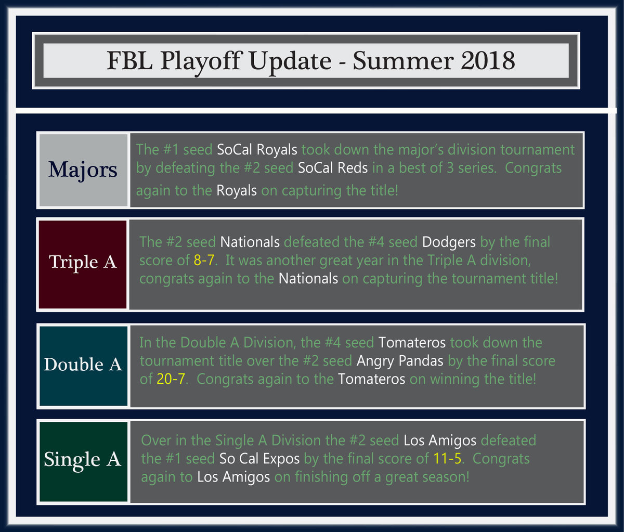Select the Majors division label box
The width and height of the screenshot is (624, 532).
[83, 170]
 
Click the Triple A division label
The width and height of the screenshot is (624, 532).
[83, 264]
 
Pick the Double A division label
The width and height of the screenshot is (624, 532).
[83, 366]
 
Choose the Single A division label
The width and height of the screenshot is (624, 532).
[83, 462]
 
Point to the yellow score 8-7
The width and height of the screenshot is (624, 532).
[204, 260]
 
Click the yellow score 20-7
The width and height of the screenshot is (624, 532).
[171, 379]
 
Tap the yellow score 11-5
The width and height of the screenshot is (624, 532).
[447, 459]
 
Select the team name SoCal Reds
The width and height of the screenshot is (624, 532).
[333, 168]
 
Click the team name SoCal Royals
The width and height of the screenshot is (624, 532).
[257, 150]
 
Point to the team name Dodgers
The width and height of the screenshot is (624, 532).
[449, 242]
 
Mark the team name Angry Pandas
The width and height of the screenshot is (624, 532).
[400, 361]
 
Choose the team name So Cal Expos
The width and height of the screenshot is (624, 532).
[259, 459]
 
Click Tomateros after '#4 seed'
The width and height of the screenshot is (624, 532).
[412, 343]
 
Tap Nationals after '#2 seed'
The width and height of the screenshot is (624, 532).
[250, 242]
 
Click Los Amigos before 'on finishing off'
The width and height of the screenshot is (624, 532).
[233, 477]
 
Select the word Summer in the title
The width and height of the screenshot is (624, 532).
[403, 61]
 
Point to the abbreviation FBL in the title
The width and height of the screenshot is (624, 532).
[130, 61]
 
